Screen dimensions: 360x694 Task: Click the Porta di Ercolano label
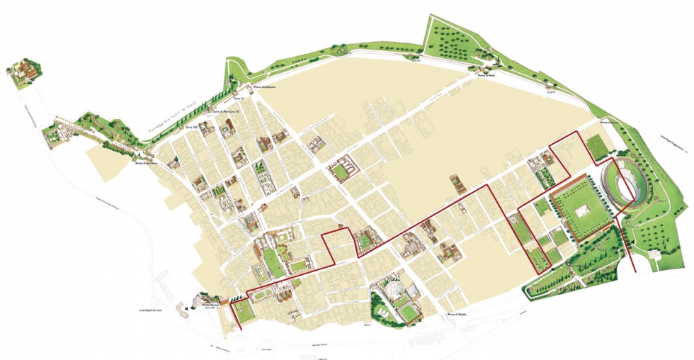point(145,164)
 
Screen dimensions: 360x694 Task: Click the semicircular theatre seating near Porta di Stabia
point(393,290)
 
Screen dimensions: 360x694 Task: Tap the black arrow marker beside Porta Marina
point(186,309)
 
